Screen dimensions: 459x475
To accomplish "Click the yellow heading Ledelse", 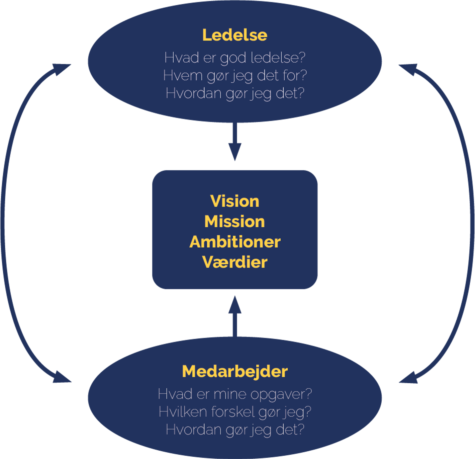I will tap(234, 35).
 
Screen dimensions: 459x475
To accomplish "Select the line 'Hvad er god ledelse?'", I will tap(234, 58).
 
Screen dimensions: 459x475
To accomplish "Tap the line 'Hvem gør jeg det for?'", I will tap(234, 75).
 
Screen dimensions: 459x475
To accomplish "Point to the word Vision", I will tap(234, 201).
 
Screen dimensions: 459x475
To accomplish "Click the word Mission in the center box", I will tap(234, 222).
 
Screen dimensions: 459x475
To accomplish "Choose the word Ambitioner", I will tap(234, 242).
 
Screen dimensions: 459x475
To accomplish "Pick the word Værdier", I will tap(234, 262).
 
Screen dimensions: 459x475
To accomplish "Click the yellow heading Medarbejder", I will tap(234, 371).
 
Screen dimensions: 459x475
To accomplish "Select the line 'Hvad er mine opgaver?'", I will tap(234, 394).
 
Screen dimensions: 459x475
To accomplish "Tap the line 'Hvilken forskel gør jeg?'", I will tap(234, 412).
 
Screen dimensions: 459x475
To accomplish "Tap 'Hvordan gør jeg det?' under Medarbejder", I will tap(234, 430).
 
